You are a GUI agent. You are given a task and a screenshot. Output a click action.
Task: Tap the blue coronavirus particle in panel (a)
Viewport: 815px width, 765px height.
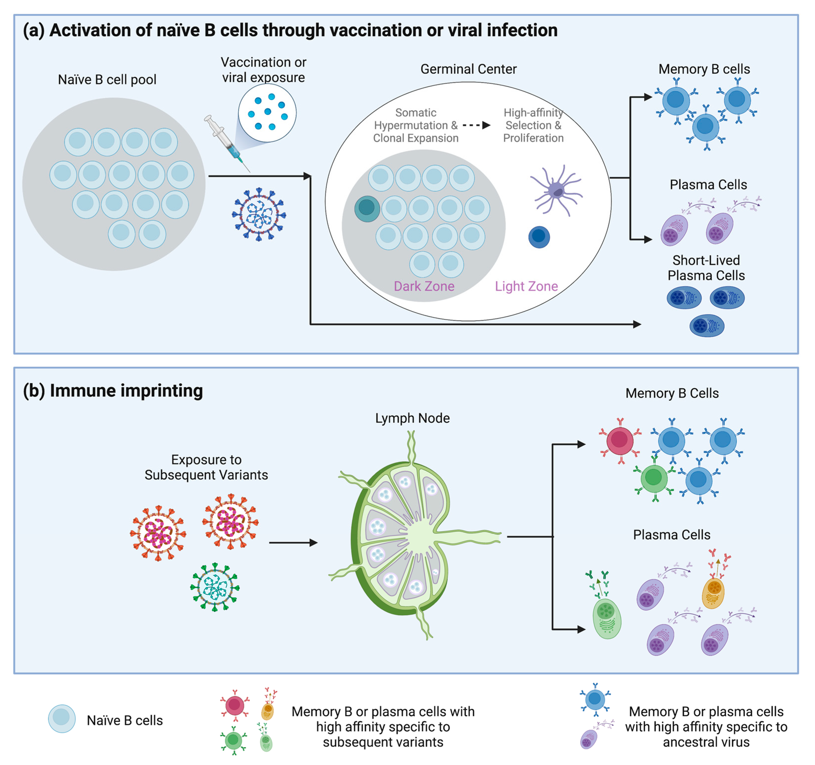coord(259,214)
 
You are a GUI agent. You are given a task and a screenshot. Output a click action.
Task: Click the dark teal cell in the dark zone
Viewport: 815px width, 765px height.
coord(367,209)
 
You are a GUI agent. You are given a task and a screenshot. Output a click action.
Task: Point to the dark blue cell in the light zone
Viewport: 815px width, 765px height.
coord(539,237)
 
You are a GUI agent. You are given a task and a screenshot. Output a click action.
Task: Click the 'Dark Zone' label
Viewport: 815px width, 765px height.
coord(424,286)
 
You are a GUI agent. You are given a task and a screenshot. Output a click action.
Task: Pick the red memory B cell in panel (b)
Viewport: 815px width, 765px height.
coord(620,440)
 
